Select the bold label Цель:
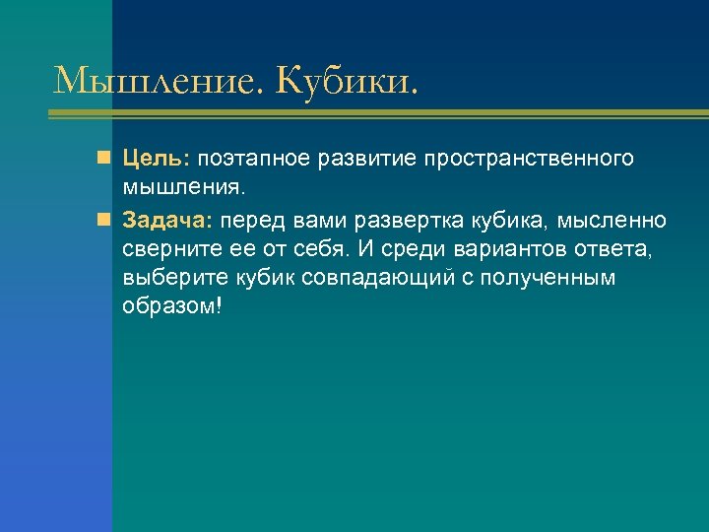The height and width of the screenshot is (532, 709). pos(159,159)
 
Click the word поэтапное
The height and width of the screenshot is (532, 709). pos(255,159)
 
